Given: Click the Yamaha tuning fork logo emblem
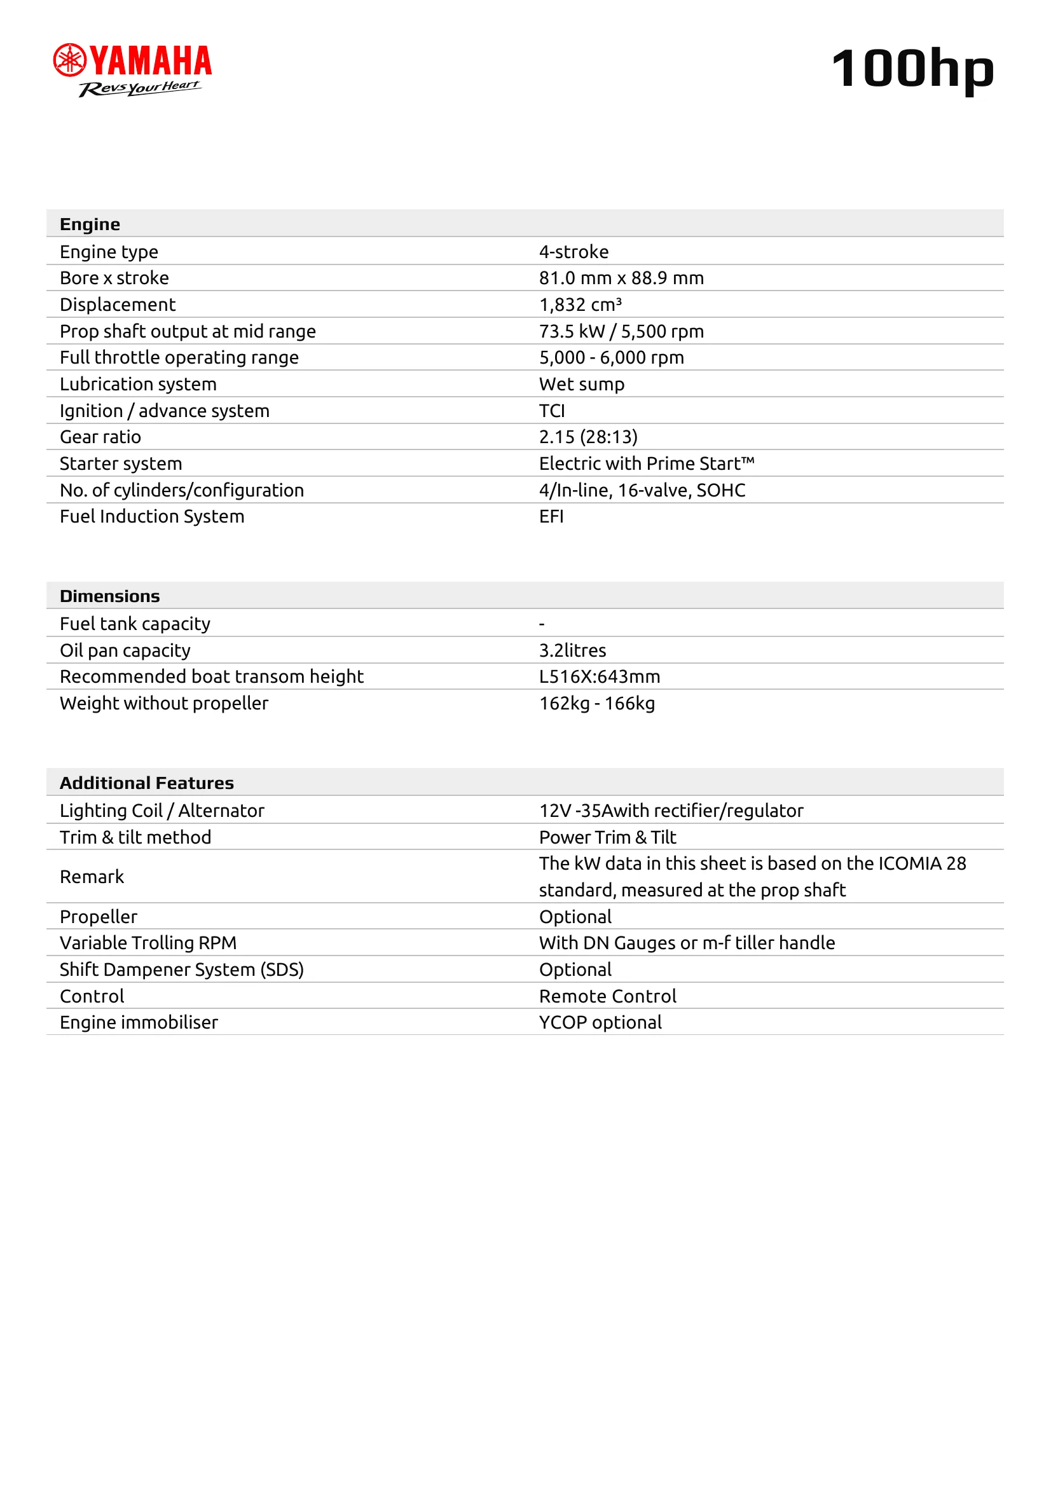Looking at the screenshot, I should point(69,60).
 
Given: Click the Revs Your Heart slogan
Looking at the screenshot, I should point(139,88).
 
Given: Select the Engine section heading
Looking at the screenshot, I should point(90,224).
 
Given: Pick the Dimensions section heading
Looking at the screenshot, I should point(109,596).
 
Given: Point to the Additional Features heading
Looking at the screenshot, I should point(146,783).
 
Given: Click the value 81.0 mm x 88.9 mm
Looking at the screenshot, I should point(621,278).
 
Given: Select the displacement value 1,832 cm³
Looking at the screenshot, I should point(580,305).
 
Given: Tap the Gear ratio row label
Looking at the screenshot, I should point(100,437).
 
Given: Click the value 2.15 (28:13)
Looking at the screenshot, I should point(588,437).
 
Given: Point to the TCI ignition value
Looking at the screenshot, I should point(552,411).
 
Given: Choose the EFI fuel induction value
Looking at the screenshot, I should point(551,516).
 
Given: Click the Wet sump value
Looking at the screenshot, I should point(582,384).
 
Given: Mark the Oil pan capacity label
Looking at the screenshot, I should point(125,650).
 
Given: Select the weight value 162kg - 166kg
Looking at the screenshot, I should point(596,703).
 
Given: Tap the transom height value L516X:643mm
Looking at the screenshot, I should point(599,677).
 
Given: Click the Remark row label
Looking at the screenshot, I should point(92,876).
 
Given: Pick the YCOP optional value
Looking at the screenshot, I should point(600,1022).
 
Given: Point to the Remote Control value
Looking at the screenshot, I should point(607,996).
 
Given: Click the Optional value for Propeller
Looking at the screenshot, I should point(575,917).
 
